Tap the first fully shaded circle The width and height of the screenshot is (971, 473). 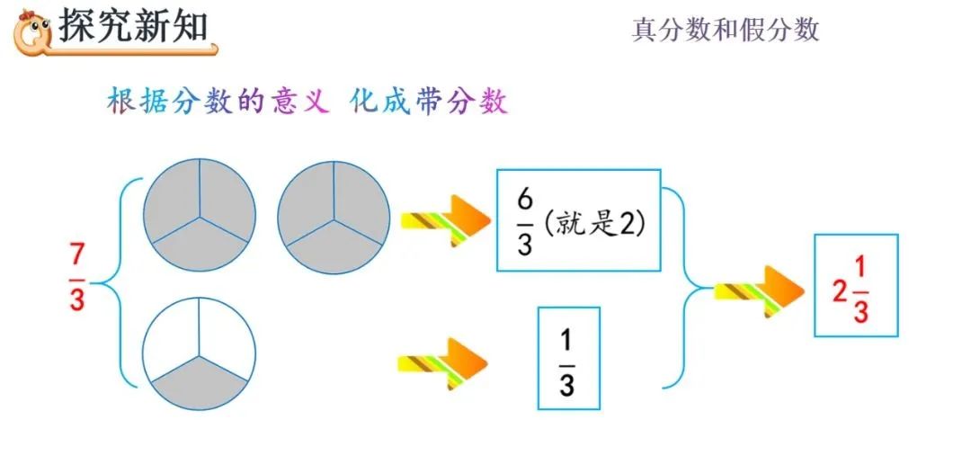(199, 217)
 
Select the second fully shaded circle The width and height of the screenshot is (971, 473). (333, 217)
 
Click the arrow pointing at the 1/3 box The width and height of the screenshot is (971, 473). (442, 363)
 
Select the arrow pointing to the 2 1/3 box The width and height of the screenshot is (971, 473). (758, 290)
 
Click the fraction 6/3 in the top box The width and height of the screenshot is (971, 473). (525, 221)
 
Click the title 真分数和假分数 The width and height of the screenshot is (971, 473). (726, 31)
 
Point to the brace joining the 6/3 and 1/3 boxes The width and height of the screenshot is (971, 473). (688, 288)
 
